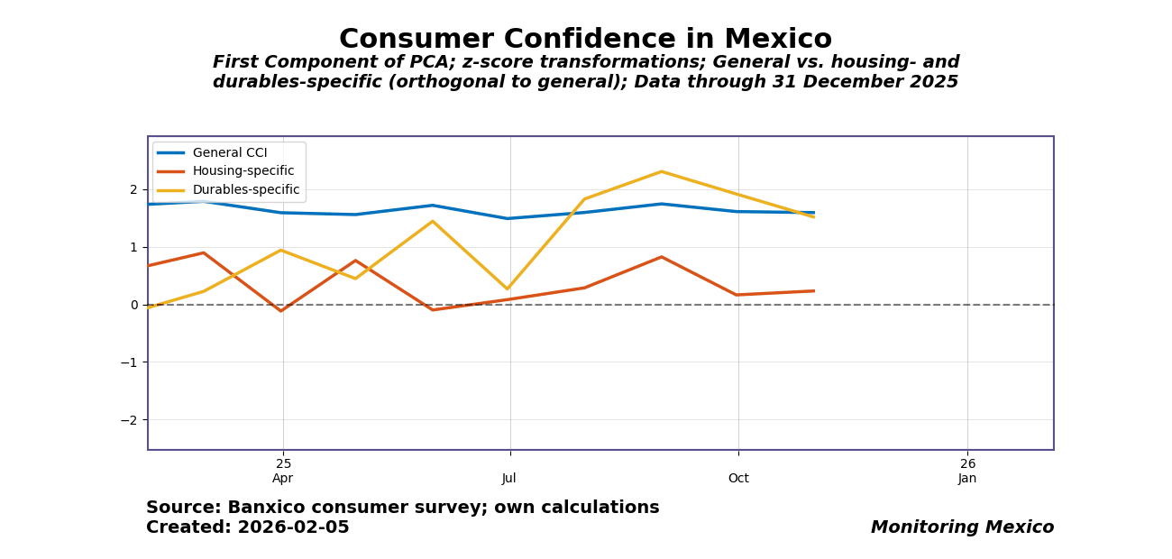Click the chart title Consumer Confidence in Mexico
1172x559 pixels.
585,40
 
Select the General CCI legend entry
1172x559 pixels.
229,153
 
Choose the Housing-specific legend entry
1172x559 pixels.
243,171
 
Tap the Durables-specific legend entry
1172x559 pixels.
245,190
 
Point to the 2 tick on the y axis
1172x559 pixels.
133,189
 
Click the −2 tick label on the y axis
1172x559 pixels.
130,420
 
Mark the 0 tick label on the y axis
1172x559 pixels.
133,305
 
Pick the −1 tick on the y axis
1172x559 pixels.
130,362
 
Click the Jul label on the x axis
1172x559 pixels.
509,479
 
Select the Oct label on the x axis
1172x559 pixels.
738,479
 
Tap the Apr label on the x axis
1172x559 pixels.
283,479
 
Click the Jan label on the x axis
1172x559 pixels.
967,479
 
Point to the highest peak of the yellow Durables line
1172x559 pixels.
661,171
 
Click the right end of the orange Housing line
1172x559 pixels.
813,291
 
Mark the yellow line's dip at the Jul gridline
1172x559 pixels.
508,289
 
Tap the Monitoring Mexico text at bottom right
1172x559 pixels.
962,527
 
